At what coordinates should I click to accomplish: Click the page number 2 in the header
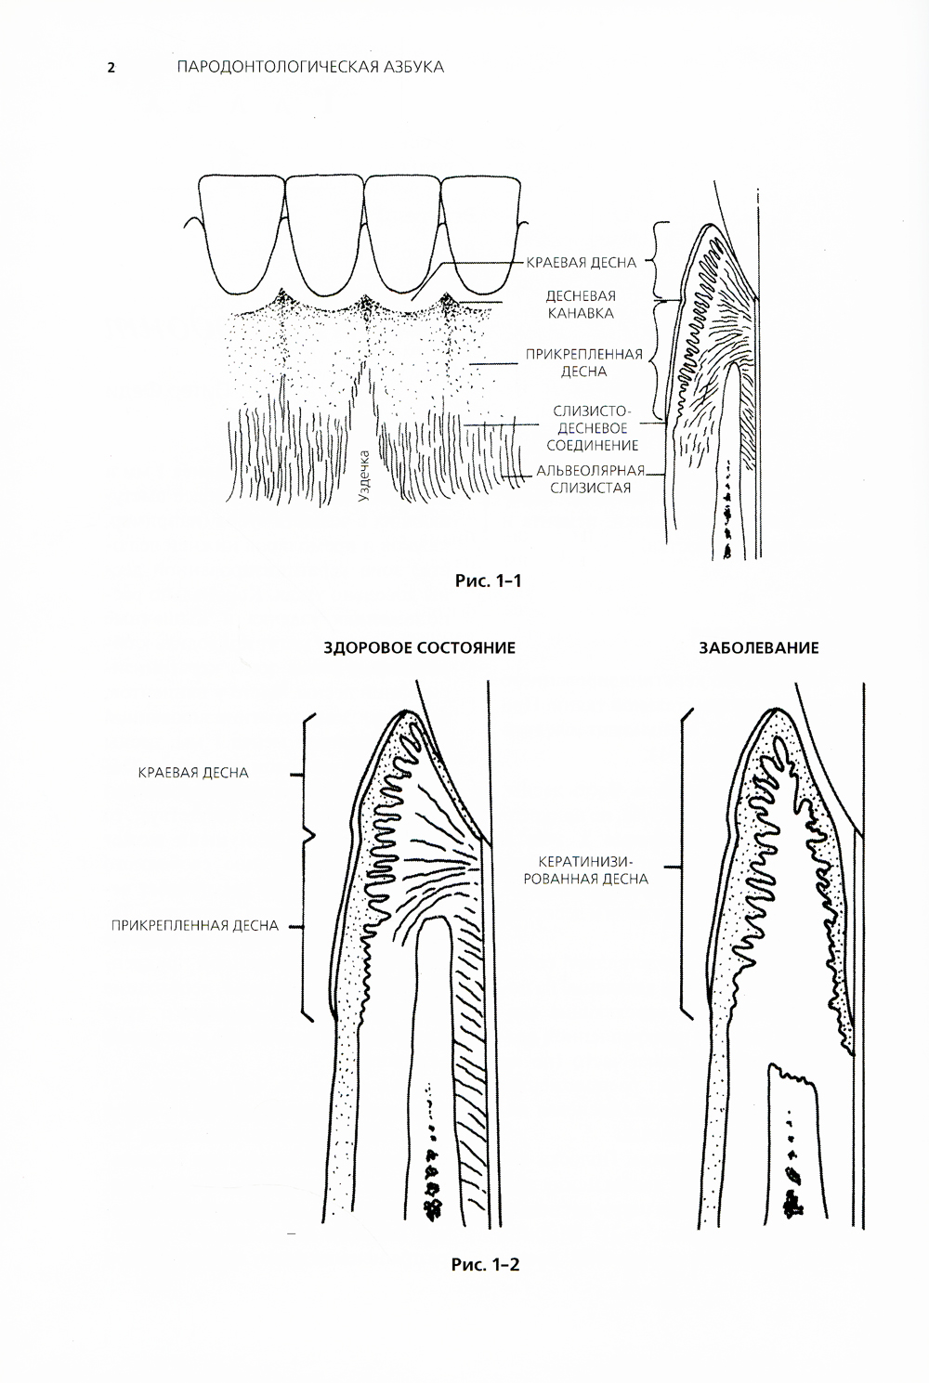tap(111, 68)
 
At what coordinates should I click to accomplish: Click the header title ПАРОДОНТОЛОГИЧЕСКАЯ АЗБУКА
tap(309, 67)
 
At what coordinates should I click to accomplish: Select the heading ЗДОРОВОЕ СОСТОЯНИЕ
tap(419, 648)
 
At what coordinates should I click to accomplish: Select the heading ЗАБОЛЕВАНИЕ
tap(759, 648)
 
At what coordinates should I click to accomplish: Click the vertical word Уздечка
tap(364, 476)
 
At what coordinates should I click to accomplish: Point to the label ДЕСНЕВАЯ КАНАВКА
tap(580, 305)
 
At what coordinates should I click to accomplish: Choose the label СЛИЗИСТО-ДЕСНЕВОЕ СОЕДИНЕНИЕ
tap(592, 428)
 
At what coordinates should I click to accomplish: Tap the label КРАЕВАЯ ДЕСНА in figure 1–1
tap(582, 263)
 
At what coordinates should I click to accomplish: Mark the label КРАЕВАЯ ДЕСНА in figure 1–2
tap(193, 773)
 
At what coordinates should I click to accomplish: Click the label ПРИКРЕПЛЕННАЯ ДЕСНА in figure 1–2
tap(194, 925)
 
